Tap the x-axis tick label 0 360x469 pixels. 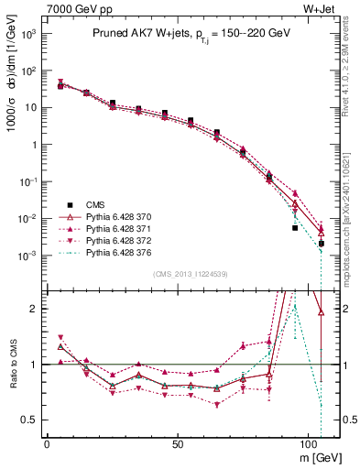(47, 442)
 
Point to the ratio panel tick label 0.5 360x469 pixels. (27, 420)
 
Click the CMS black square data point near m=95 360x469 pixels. (295, 227)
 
